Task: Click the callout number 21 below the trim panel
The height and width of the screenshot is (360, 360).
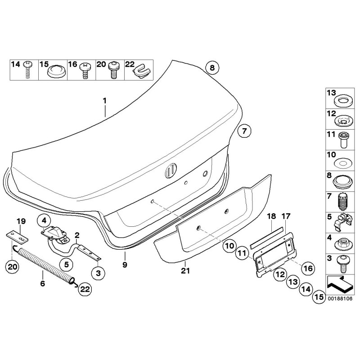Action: coord(185,270)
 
